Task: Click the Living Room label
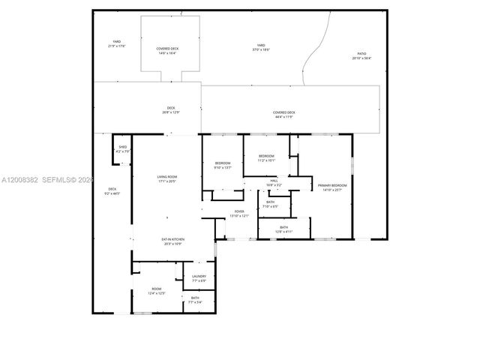coord(166,178)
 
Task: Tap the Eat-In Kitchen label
coord(173,241)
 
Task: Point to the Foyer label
coord(239,214)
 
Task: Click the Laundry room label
coord(199,278)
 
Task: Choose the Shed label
coord(122,149)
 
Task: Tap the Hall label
coord(274,182)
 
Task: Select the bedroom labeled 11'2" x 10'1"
coord(267,158)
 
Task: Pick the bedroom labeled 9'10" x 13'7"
coord(223,165)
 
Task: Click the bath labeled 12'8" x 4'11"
coord(283,229)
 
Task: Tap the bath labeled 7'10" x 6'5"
coord(269,204)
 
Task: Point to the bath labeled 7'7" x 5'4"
coord(195,300)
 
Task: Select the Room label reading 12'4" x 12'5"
coord(157,290)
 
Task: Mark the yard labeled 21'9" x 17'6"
coord(116,43)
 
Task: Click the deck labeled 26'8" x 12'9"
coord(171,111)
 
